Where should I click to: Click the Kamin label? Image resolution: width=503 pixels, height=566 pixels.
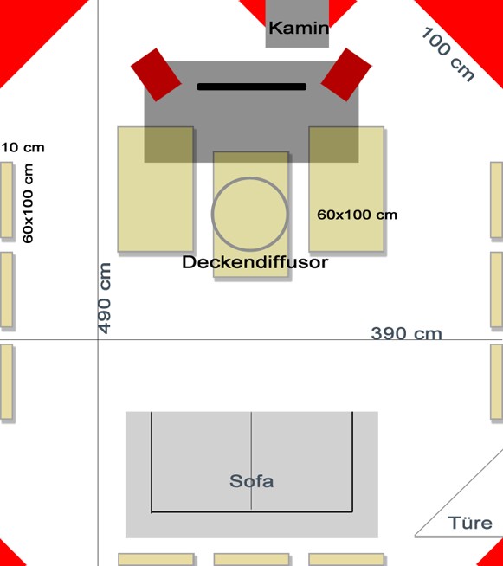[299, 28]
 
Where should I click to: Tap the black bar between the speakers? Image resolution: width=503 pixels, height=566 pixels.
[252, 87]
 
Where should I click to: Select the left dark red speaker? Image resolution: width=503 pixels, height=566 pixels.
[156, 74]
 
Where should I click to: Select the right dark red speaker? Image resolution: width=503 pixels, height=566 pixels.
[346, 74]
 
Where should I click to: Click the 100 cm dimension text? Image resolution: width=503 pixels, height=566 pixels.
[448, 55]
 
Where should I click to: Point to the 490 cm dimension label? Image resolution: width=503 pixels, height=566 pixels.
[105, 299]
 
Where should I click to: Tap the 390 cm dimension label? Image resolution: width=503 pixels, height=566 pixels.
[406, 333]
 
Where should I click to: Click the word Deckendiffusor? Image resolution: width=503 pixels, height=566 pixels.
[255, 262]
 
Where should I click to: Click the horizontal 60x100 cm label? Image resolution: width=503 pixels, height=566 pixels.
[357, 215]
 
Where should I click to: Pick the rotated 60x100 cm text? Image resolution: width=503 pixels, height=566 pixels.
[28, 203]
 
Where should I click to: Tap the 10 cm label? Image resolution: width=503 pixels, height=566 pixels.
[23, 147]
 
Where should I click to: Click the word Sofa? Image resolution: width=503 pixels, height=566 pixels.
[251, 481]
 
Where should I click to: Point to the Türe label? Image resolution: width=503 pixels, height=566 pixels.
[470, 523]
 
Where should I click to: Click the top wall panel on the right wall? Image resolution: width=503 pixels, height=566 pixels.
[496, 200]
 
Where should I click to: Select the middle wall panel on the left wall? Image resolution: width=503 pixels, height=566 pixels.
[7, 290]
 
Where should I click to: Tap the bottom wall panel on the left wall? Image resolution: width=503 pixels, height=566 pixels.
[7, 382]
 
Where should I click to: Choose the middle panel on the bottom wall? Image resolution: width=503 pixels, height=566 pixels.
[251, 559]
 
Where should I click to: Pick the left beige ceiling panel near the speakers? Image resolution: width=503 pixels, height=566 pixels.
[155, 189]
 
